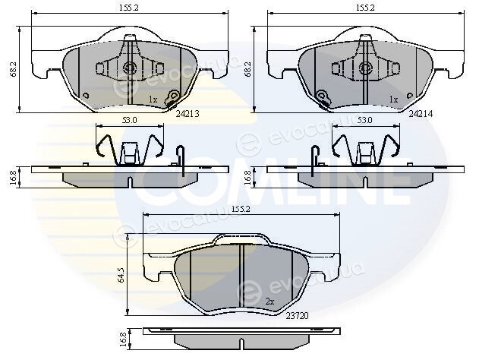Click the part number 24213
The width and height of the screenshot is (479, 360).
click(188, 114)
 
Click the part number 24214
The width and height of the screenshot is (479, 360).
click(421, 114)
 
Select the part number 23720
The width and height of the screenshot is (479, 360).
click(298, 316)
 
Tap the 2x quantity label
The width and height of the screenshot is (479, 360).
click(269, 302)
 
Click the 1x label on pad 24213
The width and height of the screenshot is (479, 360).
click(153, 99)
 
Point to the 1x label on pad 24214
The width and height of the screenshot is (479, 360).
click(393, 99)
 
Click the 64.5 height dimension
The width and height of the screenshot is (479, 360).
click(121, 275)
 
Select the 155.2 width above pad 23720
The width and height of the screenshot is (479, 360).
click(241, 209)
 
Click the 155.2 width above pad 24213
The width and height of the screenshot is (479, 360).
click(129, 8)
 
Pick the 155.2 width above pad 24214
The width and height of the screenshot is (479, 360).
click(364, 8)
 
